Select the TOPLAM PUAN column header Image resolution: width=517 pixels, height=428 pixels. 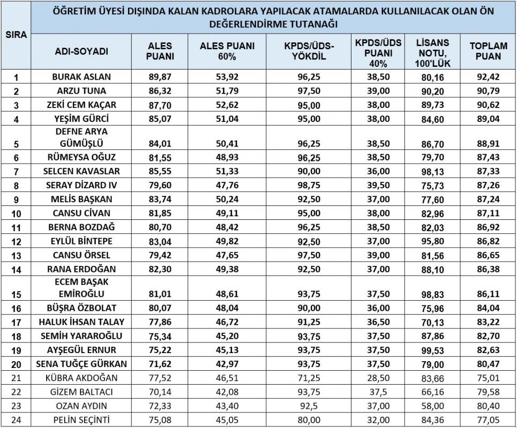tap(488, 51)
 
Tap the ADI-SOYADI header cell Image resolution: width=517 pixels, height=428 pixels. tap(81, 51)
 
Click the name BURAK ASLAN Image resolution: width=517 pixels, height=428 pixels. tap(81, 77)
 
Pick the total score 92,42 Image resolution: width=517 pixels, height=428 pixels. tap(488, 77)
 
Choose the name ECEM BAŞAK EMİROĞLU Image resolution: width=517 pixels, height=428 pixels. tap(81, 287)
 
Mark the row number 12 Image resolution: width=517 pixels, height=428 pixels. tap(16, 241)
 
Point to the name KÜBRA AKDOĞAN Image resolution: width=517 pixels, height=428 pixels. tap(81, 378)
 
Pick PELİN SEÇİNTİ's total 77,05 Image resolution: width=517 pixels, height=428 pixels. tap(488, 419)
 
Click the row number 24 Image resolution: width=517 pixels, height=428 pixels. tap(16, 419)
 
